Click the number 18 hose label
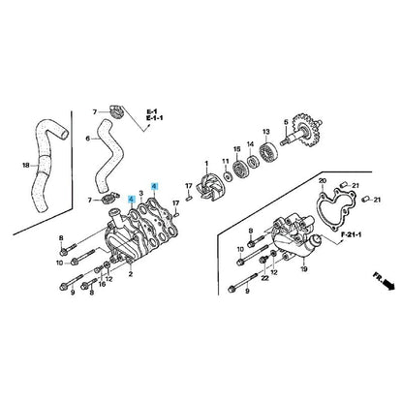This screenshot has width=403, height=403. (x=26, y=166)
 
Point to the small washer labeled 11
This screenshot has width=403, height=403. (x=228, y=176)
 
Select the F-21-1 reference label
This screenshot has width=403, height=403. (x=351, y=234)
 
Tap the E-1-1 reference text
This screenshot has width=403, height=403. (x=155, y=118)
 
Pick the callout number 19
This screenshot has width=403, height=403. (x=304, y=269)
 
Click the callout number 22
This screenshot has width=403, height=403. (x=264, y=278)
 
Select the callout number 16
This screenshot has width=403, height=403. (x=103, y=285)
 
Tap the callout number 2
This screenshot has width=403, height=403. (x=131, y=274)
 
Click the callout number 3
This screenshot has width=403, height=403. (x=140, y=193)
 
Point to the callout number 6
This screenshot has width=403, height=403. (x=88, y=139)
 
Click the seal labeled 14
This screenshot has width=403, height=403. (x=252, y=161)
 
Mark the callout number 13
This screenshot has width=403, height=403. (x=265, y=132)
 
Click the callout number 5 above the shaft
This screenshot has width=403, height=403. (x=286, y=122)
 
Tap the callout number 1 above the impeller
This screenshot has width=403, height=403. (x=206, y=164)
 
